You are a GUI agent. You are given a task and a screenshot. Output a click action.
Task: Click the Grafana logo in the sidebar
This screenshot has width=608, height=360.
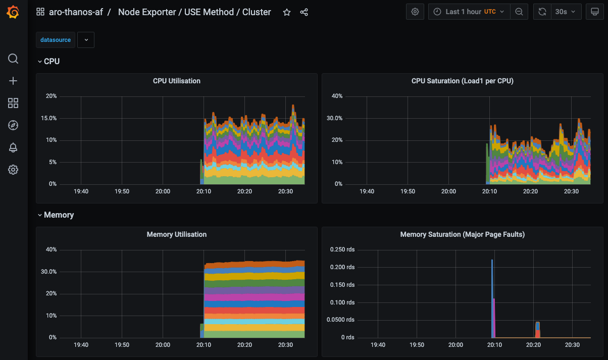[x=14, y=13]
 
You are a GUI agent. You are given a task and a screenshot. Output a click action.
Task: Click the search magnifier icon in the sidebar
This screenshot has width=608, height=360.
[x=14, y=59]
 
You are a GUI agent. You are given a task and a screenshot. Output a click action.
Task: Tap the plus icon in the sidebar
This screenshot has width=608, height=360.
[x=14, y=81]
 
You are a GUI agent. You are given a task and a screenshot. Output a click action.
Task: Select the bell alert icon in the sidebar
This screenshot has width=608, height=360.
[x=14, y=147]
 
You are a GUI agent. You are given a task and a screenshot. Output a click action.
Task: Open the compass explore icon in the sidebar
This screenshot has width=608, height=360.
[x=14, y=125]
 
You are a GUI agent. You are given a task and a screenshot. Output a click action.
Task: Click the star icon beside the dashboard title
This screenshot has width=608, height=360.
[x=287, y=12]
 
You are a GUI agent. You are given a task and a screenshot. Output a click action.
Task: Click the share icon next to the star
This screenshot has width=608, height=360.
[x=304, y=12]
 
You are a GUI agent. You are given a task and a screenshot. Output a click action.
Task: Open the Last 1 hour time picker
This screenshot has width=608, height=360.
[x=468, y=12]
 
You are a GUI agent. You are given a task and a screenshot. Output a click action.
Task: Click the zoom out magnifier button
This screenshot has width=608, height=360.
[x=519, y=12]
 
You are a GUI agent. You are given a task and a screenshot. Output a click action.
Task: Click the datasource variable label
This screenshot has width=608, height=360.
[x=56, y=40]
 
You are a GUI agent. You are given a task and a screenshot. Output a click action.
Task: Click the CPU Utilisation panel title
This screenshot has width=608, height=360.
[x=176, y=81]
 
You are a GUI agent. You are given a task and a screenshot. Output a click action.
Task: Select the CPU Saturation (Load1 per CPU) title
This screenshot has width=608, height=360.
[x=462, y=81]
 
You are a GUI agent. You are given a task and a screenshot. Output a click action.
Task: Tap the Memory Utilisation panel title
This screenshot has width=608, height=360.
[x=176, y=234]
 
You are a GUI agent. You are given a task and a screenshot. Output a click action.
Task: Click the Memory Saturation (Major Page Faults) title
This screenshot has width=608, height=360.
[x=462, y=234]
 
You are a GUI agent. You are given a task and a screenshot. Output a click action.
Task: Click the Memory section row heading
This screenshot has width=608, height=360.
[x=59, y=215]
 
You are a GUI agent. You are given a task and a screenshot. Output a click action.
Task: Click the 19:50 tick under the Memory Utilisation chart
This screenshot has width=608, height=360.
[x=122, y=345]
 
